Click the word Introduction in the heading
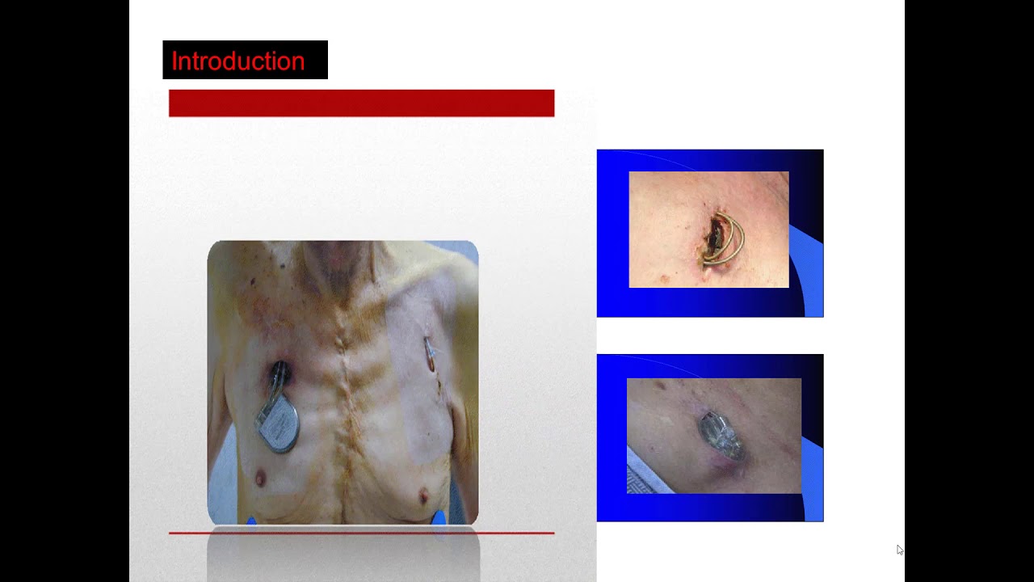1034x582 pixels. [238, 61]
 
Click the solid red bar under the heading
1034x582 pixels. [361, 103]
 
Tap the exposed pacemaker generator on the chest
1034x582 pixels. [280, 424]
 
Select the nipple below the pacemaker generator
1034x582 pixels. [260, 479]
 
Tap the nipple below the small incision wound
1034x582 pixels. [421, 494]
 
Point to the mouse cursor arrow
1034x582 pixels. [899, 549]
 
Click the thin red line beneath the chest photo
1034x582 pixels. [361, 533]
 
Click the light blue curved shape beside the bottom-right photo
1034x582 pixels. [811, 477]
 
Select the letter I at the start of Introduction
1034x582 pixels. [174, 61]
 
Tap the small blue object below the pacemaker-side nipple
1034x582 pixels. [251, 521]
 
